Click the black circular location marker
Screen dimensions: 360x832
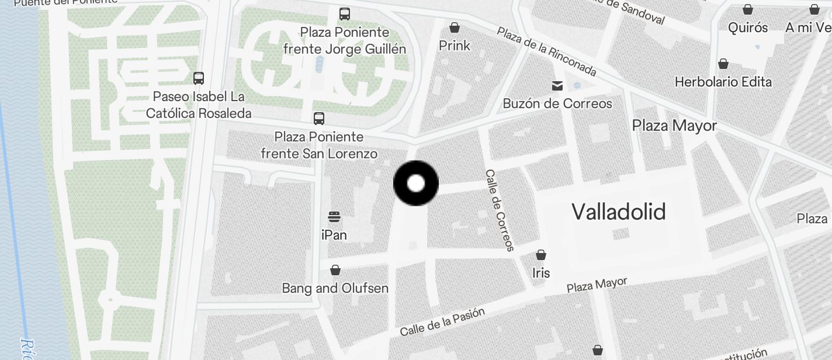click(x=415, y=183)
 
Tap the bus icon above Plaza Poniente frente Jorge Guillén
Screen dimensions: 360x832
click(x=345, y=13)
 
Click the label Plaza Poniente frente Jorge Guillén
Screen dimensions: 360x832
click(x=345, y=40)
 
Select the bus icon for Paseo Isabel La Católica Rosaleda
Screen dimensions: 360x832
click(x=199, y=78)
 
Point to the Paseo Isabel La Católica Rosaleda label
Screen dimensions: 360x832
click(x=199, y=105)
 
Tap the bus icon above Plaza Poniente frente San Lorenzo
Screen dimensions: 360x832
click(x=319, y=119)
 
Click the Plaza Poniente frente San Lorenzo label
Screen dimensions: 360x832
click(x=319, y=146)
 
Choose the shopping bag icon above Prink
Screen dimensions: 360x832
click(x=455, y=27)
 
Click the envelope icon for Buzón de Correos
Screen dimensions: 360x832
click(x=557, y=86)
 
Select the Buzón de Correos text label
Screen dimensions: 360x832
click(x=557, y=103)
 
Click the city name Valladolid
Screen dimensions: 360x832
click(x=618, y=212)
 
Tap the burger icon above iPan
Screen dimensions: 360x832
click(x=334, y=217)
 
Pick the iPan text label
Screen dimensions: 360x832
click(x=334, y=235)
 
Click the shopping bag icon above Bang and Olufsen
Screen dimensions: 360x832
click(x=335, y=270)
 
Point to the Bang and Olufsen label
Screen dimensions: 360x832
click(x=335, y=288)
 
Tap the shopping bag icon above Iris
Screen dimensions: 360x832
click(x=541, y=255)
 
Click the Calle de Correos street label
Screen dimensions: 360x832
click(x=500, y=210)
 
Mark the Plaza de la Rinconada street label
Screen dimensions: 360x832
click(x=547, y=51)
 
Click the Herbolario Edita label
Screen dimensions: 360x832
click(x=723, y=82)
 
